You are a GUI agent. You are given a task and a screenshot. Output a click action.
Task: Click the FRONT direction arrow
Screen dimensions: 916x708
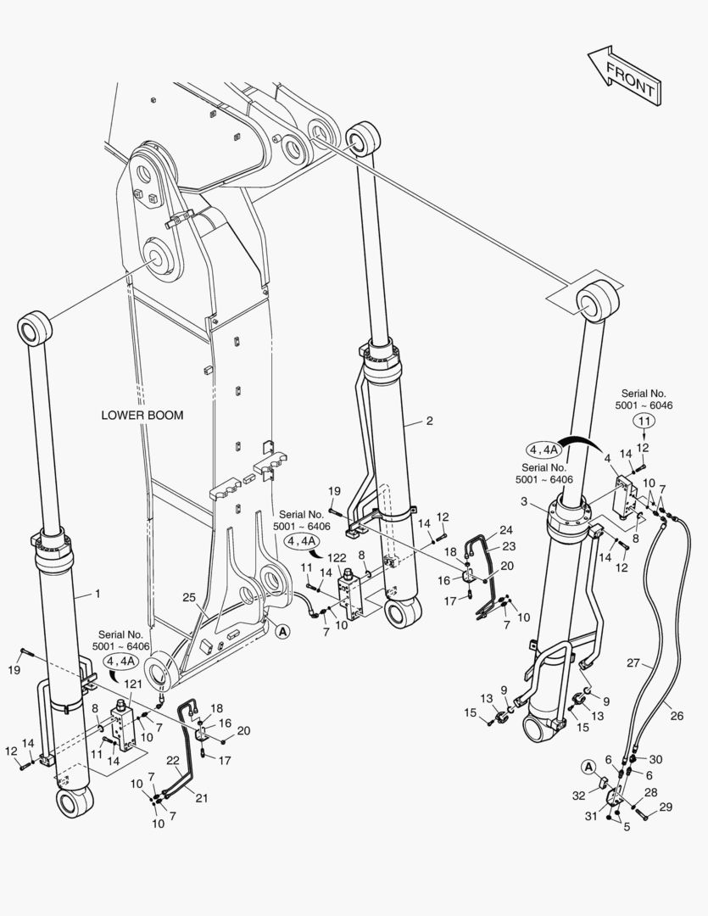click(624, 76)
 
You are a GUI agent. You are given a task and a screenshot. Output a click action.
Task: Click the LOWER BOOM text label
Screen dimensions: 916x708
click(142, 416)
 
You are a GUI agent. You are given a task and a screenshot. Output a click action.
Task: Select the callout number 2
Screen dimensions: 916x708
click(429, 421)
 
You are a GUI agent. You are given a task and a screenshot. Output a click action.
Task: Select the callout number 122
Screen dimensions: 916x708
click(337, 557)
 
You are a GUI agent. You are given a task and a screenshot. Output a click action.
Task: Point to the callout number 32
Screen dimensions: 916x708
click(578, 795)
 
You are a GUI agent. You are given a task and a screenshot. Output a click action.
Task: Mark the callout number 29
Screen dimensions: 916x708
click(666, 807)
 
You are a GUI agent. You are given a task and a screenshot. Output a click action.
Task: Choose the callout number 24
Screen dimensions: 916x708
click(505, 530)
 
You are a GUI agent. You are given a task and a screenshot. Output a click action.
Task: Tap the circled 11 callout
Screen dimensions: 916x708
click(644, 421)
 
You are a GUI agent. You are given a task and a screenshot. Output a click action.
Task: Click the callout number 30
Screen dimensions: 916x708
click(655, 760)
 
